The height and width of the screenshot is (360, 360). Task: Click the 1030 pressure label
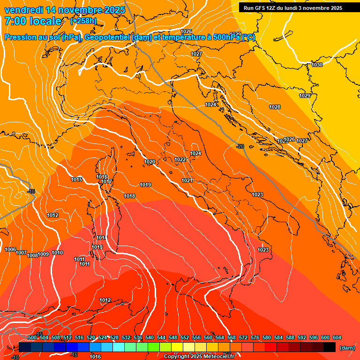(x=317, y=65)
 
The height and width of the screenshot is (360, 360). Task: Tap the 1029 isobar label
(x=305, y=96)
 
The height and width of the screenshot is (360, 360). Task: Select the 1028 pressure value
(x=275, y=107)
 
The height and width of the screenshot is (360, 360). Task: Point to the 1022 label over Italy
(x=180, y=159)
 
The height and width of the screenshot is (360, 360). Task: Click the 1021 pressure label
(x=187, y=180)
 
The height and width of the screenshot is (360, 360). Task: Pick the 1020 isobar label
(x=150, y=162)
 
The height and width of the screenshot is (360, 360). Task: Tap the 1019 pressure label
(x=145, y=185)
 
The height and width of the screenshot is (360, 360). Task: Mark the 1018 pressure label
(x=129, y=196)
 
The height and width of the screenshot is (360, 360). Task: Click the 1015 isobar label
(x=77, y=180)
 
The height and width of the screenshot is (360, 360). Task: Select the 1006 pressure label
(x=10, y=250)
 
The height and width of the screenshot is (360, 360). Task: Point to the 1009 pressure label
(x=44, y=254)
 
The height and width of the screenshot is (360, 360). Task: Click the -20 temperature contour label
(x=240, y=147)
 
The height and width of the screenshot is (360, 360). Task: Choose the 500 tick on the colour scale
(x=32, y=337)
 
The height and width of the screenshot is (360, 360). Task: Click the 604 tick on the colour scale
(x=337, y=337)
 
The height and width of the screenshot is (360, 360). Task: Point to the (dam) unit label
(x=347, y=348)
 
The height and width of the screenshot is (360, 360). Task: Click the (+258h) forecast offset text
(x=83, y=21)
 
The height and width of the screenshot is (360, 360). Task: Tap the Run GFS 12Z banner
(x=292, y=8)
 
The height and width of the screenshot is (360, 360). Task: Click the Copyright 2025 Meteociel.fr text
(x=199, y=357)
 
